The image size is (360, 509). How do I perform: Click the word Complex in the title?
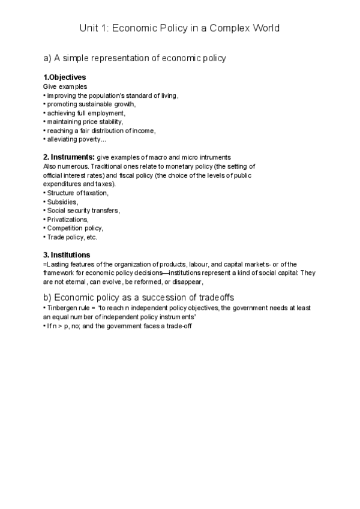click(x=218, y=28)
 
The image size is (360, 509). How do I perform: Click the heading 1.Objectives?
click(x=65, y=77)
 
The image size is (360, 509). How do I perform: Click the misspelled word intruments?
click(x=214, y=157)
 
